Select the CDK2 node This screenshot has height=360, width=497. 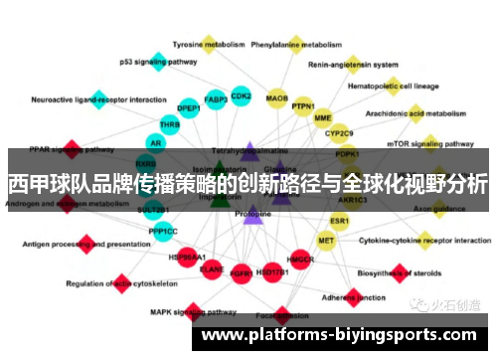[x=241, y=96]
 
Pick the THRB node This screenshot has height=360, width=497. [x=170, y=125]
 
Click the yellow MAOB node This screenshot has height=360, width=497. [x=277, y=99]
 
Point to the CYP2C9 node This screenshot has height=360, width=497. [x=340, y=132]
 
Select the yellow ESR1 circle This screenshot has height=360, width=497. [x=340, y=220]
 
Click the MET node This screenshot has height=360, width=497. [x=326, y=240]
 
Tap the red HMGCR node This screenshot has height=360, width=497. [x=301, y=260]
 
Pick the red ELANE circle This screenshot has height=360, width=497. [x=212, y=268]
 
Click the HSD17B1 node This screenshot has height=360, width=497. [x=272, y=270]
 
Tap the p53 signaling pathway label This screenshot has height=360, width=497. [x=158, y=62]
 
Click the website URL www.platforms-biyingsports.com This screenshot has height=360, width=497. [x=339, y=334]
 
